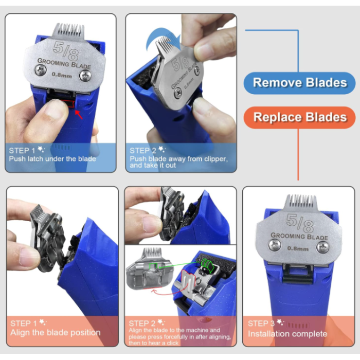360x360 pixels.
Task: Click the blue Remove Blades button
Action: (x=299, y=83)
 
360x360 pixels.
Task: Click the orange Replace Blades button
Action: (x=299, y=117)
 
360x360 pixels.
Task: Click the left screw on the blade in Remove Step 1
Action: (x=41, y=70)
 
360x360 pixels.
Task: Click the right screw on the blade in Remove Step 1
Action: (x=85, y=76)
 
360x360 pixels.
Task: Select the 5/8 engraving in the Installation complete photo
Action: (x=300, y=223)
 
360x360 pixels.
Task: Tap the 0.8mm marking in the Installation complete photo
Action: (x=298, y=248)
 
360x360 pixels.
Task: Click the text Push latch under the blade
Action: (x=52, y=159)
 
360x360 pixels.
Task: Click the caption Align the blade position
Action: (x=56, y=332)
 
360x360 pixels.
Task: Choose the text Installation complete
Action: (x=287, y=334)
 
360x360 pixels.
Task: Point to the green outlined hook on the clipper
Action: (x=207, y=265)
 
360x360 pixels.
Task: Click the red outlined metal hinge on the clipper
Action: (x=189, y=281)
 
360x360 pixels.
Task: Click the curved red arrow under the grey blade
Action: (x=167, y=292)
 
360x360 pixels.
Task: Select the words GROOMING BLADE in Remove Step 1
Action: (x=64, y=64)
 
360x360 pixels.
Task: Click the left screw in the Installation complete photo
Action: (x=275, y=245)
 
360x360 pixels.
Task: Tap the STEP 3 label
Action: (x=261, y=323)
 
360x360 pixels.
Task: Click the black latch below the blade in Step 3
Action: (x=298, y=275)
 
